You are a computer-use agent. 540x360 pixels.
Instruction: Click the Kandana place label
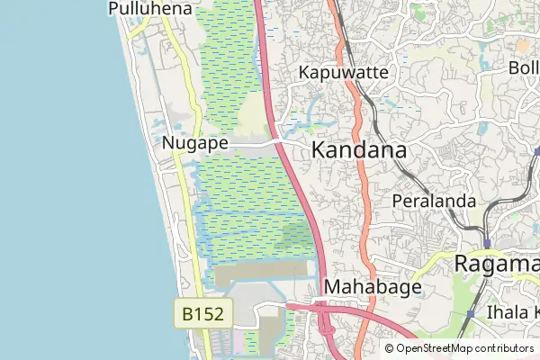(359, 150)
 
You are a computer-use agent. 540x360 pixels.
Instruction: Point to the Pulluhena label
(149, 9)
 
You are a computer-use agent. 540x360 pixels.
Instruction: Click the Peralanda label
(434, 201)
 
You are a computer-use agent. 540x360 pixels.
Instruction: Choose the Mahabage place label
(372, 287)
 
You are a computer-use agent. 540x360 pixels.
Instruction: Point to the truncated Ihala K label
(511, 312)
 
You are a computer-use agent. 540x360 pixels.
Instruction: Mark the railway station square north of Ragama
(487, 243)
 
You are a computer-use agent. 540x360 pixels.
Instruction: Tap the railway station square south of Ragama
(470, 314)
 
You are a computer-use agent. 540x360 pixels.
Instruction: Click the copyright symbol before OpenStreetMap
(389, 348)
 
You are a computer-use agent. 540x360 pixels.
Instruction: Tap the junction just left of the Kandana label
(280, 143)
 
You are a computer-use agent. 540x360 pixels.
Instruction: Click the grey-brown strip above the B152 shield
(261, 270)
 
